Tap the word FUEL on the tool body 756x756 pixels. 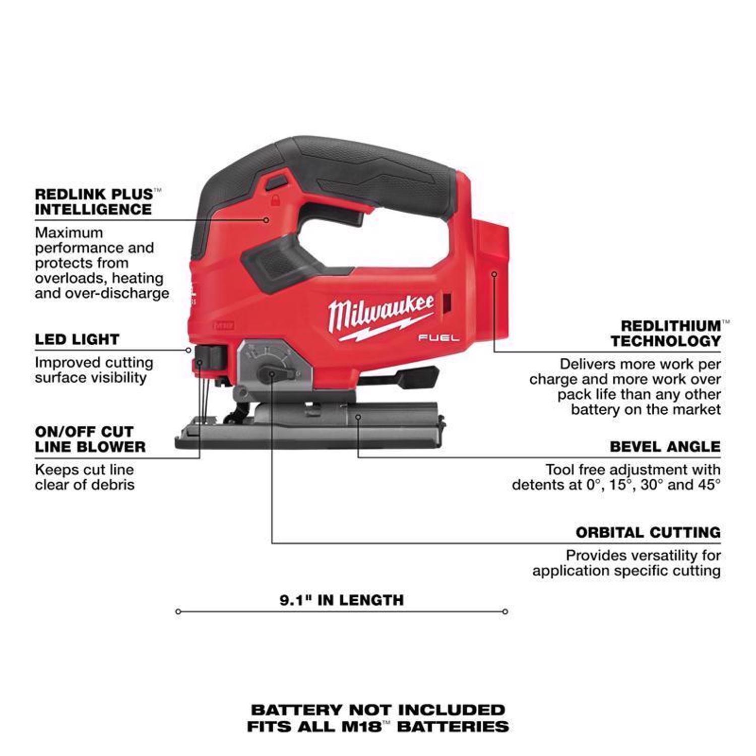[x=438, y=338]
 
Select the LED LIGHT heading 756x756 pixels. [x=77, y=340]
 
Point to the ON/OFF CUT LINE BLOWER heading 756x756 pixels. [x=90, y=439]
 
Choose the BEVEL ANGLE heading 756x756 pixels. [x=665, y=447]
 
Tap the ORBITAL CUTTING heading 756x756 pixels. [x=648, y=533]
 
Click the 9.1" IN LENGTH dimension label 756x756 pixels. [x=342, y=600]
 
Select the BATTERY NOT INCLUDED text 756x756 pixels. [x=378, y=710]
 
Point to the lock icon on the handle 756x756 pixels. [x=275, y=201]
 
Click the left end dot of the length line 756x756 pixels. [x=178, y=611]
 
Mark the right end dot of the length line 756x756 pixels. [x=505, y=611]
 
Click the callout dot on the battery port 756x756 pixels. [x=494, y=274]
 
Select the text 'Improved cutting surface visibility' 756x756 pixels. [x=94, y=370]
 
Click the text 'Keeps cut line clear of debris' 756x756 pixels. [x=85, y=477]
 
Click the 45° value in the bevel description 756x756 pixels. [x=710, y=485]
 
